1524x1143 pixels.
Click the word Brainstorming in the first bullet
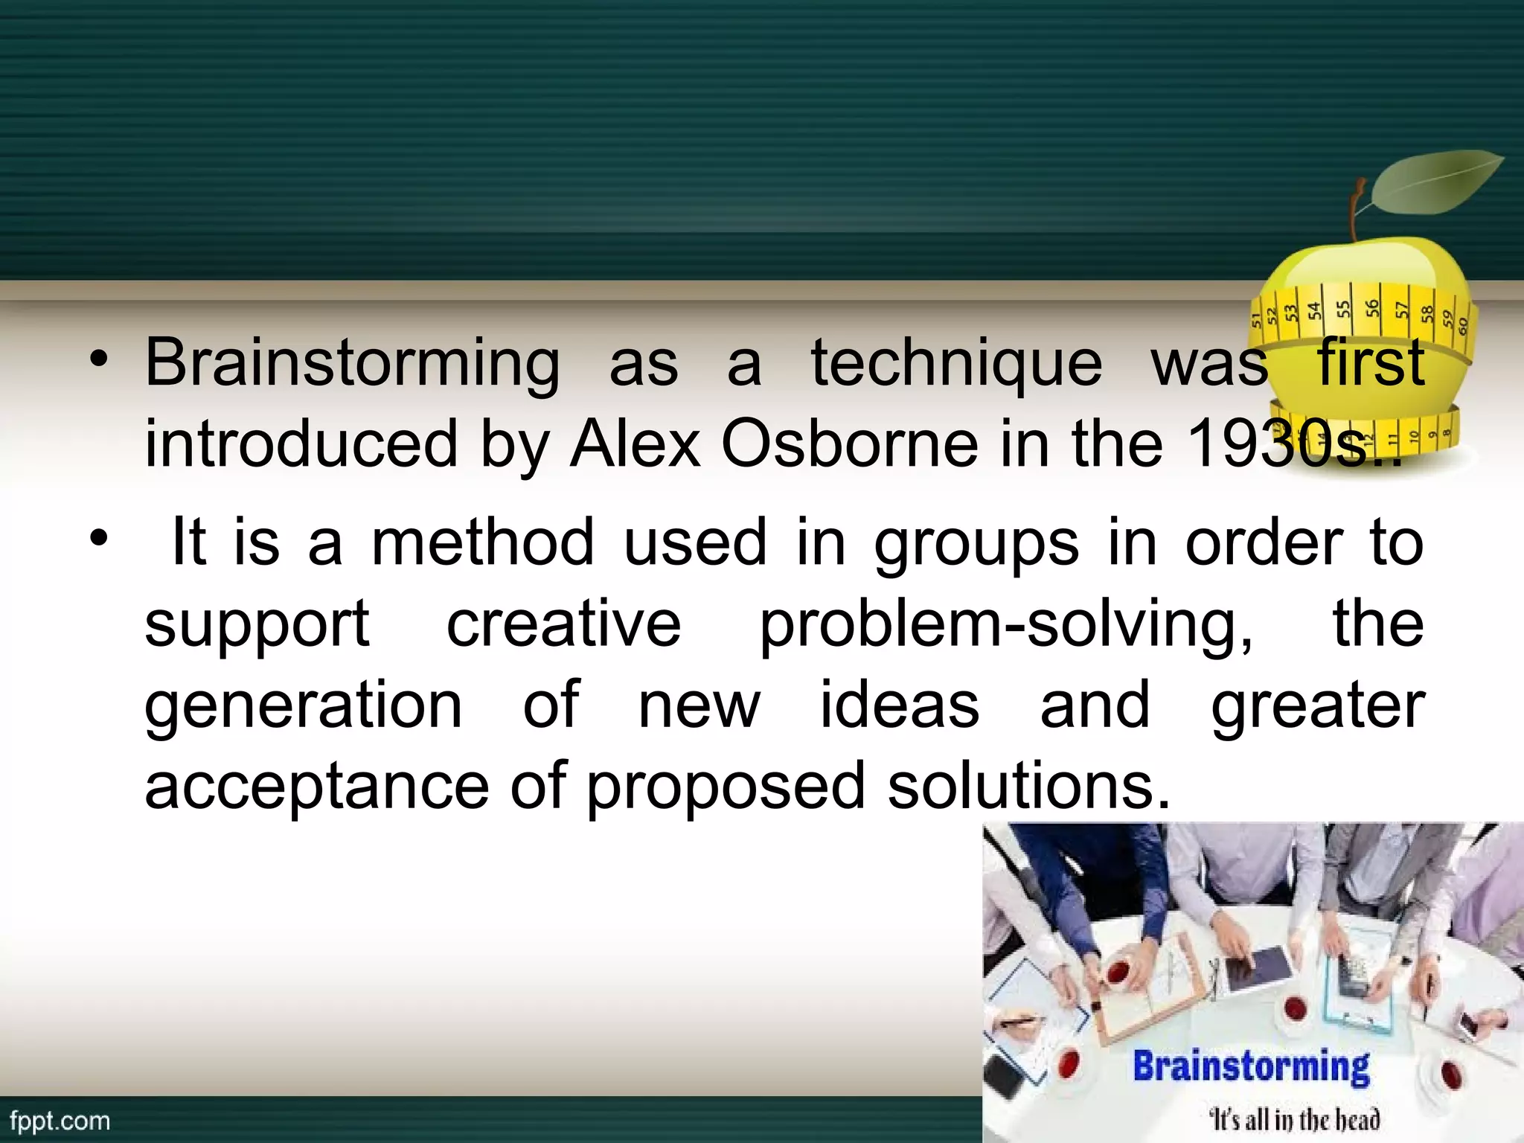[x=351, y=365]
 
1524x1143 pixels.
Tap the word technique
[x=955, y=365]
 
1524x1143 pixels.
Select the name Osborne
[x=849, y=444]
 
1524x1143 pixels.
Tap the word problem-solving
[x=1005, y=625]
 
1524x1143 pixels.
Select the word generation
[x=303, y=705]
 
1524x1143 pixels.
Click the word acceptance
[x=316, y=787]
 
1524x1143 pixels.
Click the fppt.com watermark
[x=60, y=1121]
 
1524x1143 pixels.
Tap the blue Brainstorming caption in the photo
[x=1251, y=1066]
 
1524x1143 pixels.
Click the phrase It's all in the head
[x=1295, y=1119]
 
